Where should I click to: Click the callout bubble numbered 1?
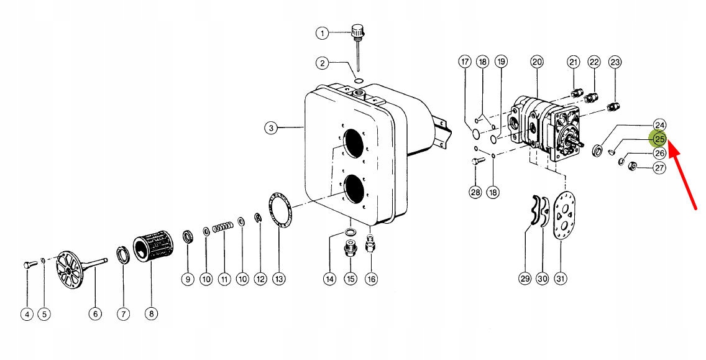[x=321, y=34]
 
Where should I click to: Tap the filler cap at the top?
[x=357, y=30]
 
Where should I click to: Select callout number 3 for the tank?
[x=270, y=128]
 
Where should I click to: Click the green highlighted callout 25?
[x=658, y=139]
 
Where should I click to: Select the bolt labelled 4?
[x=29, y=265]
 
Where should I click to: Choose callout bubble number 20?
[x=537, y=62]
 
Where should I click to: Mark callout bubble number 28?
[x=475, y=192]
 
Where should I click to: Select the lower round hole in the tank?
[x=352, y=190]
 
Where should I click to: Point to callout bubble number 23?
[x=615, y=62]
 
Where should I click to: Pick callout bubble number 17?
[x=464, y=62]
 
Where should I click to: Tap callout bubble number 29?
[x=525, y=279]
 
